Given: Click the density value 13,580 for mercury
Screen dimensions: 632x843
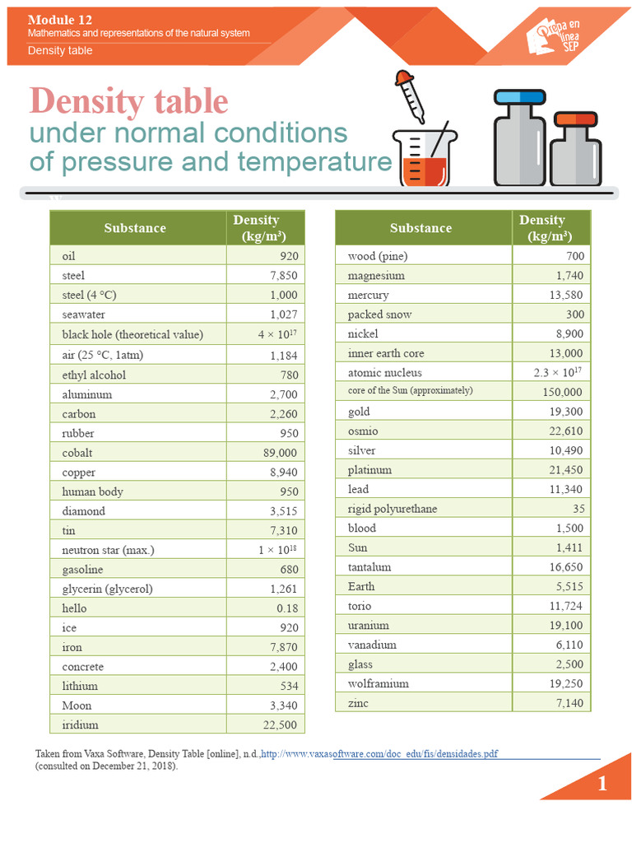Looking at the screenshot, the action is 566,296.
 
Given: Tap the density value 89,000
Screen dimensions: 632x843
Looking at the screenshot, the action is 280,454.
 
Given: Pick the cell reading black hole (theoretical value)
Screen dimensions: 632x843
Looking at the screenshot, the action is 132,334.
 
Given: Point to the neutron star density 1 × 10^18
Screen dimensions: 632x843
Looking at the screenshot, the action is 277,550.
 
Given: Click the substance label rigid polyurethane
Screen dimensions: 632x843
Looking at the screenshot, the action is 393,509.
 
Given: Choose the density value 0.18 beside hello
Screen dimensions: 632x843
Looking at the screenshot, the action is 287,608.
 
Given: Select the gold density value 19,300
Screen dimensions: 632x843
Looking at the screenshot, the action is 566,412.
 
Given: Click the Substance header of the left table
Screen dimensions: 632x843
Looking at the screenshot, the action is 135,228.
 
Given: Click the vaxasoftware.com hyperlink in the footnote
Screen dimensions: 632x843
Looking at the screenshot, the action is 379,754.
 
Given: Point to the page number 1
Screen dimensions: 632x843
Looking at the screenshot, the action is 602,784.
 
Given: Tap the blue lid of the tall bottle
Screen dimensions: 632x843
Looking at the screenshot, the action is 520,97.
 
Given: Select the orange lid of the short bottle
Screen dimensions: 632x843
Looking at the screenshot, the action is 576,119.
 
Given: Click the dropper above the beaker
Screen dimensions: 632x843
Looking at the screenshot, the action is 410,95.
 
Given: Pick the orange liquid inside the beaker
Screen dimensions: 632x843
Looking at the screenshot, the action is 425,171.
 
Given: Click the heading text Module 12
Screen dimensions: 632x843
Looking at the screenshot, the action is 59,20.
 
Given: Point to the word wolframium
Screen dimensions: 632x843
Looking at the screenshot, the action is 379,684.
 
